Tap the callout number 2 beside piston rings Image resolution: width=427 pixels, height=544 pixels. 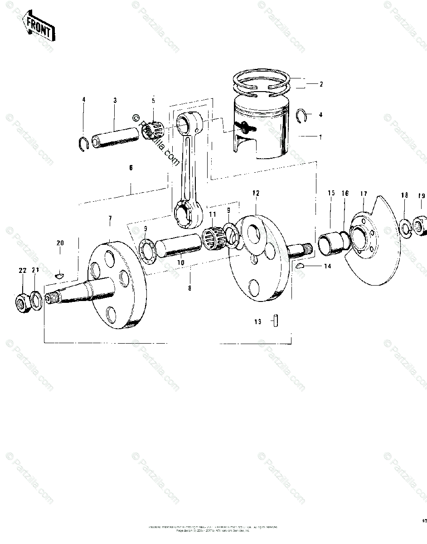(x=321, y=84)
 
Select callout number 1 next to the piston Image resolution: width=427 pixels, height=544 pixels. (x=321, y=136)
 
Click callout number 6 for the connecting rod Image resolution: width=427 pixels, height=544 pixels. (x=131, y=168)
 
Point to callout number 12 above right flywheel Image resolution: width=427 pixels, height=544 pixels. (x=256, y=193)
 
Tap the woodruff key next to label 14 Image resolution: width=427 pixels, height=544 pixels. (x=300, y=267)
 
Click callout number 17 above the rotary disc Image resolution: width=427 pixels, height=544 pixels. (x=364, y=194)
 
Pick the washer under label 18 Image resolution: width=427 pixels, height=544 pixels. (x=404, y=227)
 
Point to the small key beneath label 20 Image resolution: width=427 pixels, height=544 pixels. (x=59, y=274)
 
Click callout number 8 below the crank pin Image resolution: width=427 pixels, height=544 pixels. (x=189, y=287)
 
